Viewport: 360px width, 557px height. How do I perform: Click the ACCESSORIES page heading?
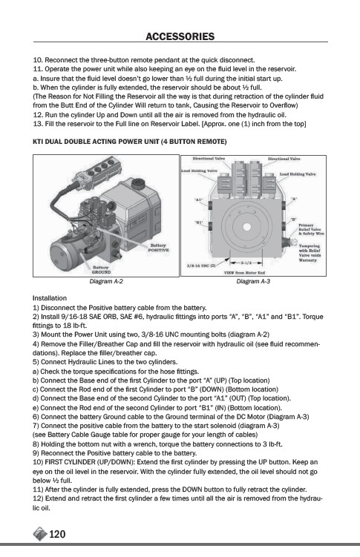coord(180,36)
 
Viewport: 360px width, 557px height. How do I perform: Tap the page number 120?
coord(57,534)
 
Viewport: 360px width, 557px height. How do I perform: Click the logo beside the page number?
coord(40,534)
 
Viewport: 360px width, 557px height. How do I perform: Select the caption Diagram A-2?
coord(106,281)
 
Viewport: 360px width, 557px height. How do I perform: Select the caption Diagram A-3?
coord(253,281)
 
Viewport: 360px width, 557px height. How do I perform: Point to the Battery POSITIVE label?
coord(159,248)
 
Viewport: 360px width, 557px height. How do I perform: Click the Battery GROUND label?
coord(101,270)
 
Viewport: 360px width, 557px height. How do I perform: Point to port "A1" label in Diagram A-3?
coord(199,200)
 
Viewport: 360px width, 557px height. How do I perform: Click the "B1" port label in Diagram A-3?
coord(199,223)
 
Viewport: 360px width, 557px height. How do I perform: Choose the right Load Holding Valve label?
coord(298,174)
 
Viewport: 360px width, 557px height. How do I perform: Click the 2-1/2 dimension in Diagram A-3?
coord(246,263)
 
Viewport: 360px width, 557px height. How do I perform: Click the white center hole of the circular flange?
coord(246,227)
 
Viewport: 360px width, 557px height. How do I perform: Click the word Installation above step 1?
coord(50,298)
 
